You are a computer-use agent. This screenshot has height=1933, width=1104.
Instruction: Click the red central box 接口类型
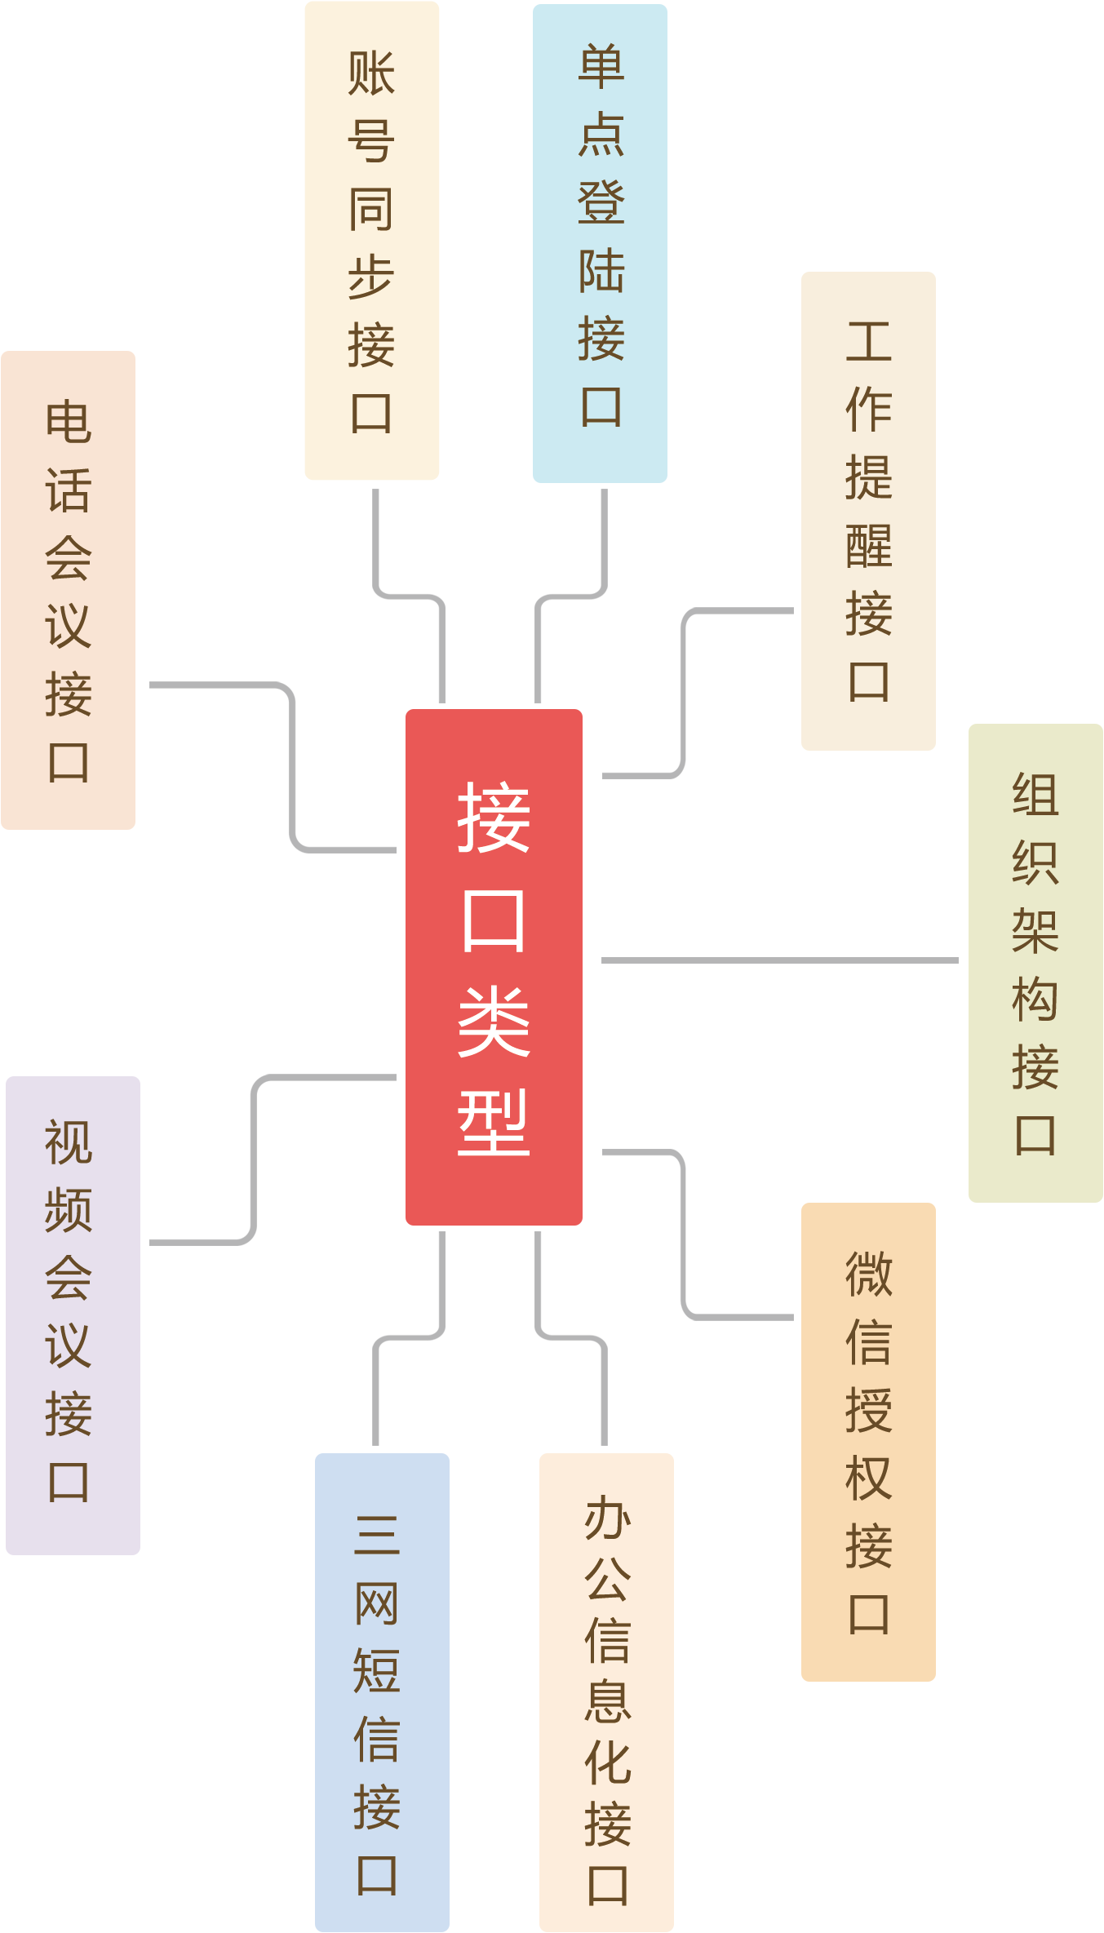coord(494,967)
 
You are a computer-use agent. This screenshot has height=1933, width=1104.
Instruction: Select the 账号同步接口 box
coord(371,241)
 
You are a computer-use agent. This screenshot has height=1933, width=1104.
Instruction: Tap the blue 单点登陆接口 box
coord(600,243)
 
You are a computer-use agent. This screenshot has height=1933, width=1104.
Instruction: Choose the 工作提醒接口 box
coord(868,511)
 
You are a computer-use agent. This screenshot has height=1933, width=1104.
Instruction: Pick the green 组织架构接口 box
coord(1035,963)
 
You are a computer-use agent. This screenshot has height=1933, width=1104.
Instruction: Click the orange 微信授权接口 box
coord(868,1442)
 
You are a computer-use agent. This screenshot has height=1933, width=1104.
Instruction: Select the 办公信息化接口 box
coord(606,1692)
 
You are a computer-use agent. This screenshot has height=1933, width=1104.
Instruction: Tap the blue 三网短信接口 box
coord(382,1692)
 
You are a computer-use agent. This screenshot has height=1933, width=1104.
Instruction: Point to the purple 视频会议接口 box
coord(73,1315)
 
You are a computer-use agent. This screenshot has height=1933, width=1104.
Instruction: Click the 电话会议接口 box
coord(68,590)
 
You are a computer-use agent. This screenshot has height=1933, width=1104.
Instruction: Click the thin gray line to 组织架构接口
coord(779,960)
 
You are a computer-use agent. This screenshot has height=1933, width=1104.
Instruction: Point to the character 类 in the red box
coord(494,1021)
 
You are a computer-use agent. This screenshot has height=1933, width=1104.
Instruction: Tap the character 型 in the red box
coord(494,1123)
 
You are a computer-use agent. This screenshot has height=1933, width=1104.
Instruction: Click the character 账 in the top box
coord(371,73)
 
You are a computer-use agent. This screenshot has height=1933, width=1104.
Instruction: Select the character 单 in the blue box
coord(601,67)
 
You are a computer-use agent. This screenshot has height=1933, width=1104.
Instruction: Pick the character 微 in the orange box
coord(869,1274)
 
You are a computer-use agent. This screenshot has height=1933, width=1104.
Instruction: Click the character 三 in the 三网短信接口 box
coord(377,1534)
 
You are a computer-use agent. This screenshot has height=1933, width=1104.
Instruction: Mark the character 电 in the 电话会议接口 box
coord(69,422)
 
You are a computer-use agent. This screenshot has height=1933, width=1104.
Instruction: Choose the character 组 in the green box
coord(1035,795)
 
